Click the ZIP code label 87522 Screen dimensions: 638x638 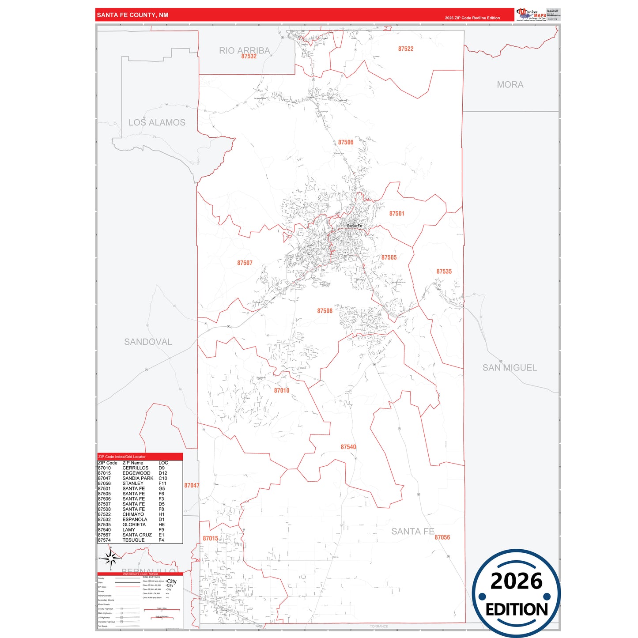tap(405, 49)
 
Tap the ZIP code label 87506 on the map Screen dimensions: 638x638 tap(346, 142)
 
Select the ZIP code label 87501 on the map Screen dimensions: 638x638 tap(396, 214)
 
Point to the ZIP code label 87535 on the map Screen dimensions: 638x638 tap(444, 272)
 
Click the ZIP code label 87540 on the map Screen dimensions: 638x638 tap(348, 447)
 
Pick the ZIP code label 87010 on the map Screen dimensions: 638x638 tap(282, 390)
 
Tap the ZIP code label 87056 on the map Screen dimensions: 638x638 tap(442, 537)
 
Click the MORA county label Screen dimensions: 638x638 tap(510, 85)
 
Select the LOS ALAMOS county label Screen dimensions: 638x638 tap(157, 123)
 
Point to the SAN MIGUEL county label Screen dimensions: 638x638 tap(510, 368)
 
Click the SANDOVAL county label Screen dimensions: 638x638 tap(148, 342)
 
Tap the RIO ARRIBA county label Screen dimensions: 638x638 tap(244, 50)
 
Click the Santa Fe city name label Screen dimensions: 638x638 tap(354, 226)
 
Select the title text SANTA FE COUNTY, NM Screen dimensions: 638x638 tap(132, 15)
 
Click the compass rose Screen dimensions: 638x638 tap(111, 559)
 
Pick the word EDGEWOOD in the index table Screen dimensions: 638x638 tap(136, 473)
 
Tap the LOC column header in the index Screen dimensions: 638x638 tap(163, 463)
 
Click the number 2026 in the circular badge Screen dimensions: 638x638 tap(516, 581)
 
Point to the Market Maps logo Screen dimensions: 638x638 tap(531, 15)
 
